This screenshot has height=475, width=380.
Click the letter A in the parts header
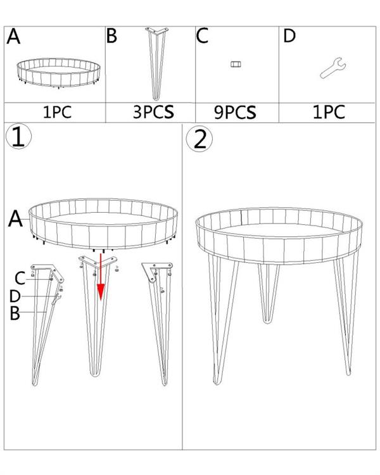pos(14,36)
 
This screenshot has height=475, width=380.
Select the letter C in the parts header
pos(202,35)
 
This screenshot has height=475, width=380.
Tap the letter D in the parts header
pos(289,35)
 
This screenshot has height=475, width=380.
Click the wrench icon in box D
pos(332,67)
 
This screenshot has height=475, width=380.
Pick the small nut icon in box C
pos(236,64)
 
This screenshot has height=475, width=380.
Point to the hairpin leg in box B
pos(157,63)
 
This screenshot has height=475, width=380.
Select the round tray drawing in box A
pos(58,73)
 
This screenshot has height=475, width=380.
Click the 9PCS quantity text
pos(235,112)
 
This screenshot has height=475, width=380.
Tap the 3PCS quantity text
pos(153,111)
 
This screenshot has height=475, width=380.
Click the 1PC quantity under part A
pos(57,112)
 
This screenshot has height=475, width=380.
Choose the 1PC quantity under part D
pos(329,112)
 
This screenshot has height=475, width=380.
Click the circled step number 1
pos(18,137)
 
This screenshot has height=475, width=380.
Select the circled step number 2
pos(199,139)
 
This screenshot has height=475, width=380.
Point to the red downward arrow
pos(101,277)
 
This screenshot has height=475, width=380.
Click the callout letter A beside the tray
pos(15,219)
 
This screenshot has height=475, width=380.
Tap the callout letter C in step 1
pos(20,278)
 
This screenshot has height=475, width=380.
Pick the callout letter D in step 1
pos(15,296)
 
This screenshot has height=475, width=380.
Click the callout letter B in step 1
pos(15,313)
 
